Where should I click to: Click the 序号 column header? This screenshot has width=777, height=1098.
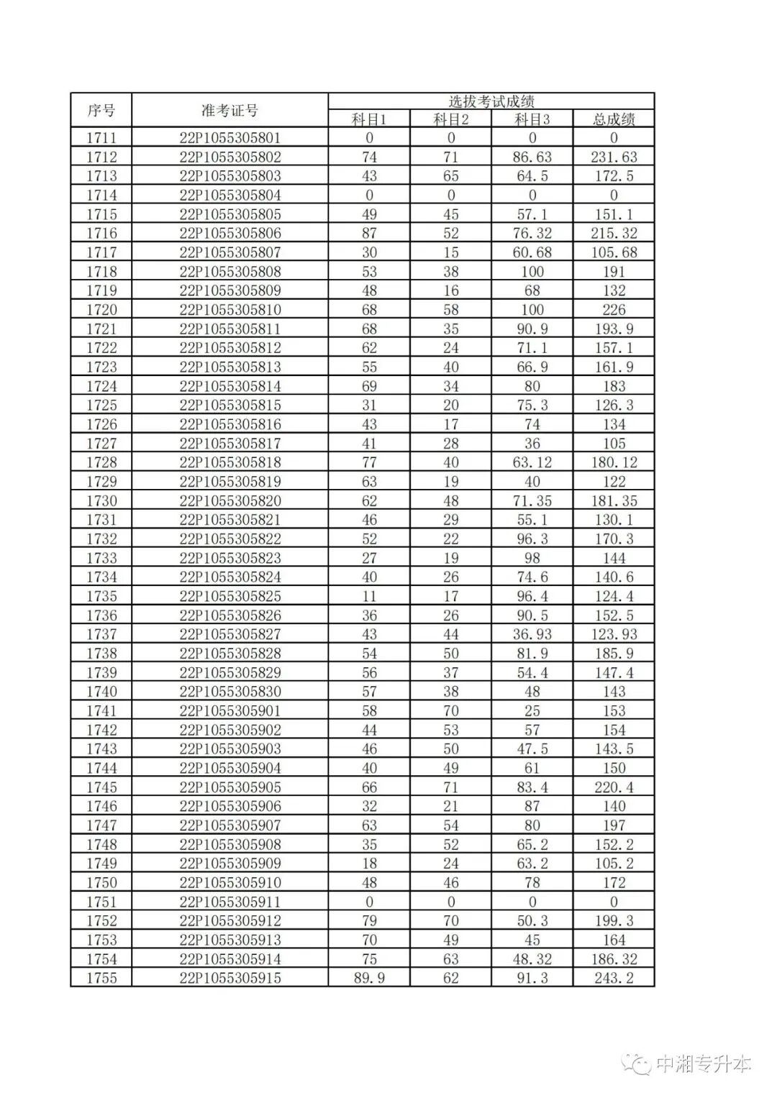click(101, 111)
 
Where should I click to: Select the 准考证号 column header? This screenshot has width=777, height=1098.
click(230, 111)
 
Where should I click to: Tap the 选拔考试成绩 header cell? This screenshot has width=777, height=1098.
click(491, 101)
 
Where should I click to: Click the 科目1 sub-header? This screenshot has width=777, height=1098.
click(369, 119)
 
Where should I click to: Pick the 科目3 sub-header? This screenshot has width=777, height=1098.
click(532, 119)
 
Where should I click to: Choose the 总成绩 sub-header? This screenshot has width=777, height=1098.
click(614, 119)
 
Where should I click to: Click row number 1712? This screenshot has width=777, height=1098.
click(101, 157)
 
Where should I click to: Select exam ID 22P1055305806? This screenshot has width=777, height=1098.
click(230, 233)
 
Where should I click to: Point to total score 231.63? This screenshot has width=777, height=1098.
click(614, 157)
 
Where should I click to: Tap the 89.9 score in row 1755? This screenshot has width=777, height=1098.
click(369, 978)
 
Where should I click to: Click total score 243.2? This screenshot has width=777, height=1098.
click(614, 978)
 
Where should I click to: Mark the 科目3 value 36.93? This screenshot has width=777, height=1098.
click(532, 634)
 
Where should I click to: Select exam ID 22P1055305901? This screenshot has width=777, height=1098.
click(230, 710)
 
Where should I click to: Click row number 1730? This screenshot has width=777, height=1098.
click(101, 500)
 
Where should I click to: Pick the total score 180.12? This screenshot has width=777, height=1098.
click(614, 462)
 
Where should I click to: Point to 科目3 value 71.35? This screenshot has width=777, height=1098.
click(532, 500)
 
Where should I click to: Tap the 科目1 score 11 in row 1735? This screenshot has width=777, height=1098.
click(369, 596)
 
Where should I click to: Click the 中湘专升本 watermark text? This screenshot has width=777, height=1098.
click(703, 1064)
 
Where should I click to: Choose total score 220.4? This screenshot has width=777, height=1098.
click(614, 787)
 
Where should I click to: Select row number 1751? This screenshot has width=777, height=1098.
click(101, 902)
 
